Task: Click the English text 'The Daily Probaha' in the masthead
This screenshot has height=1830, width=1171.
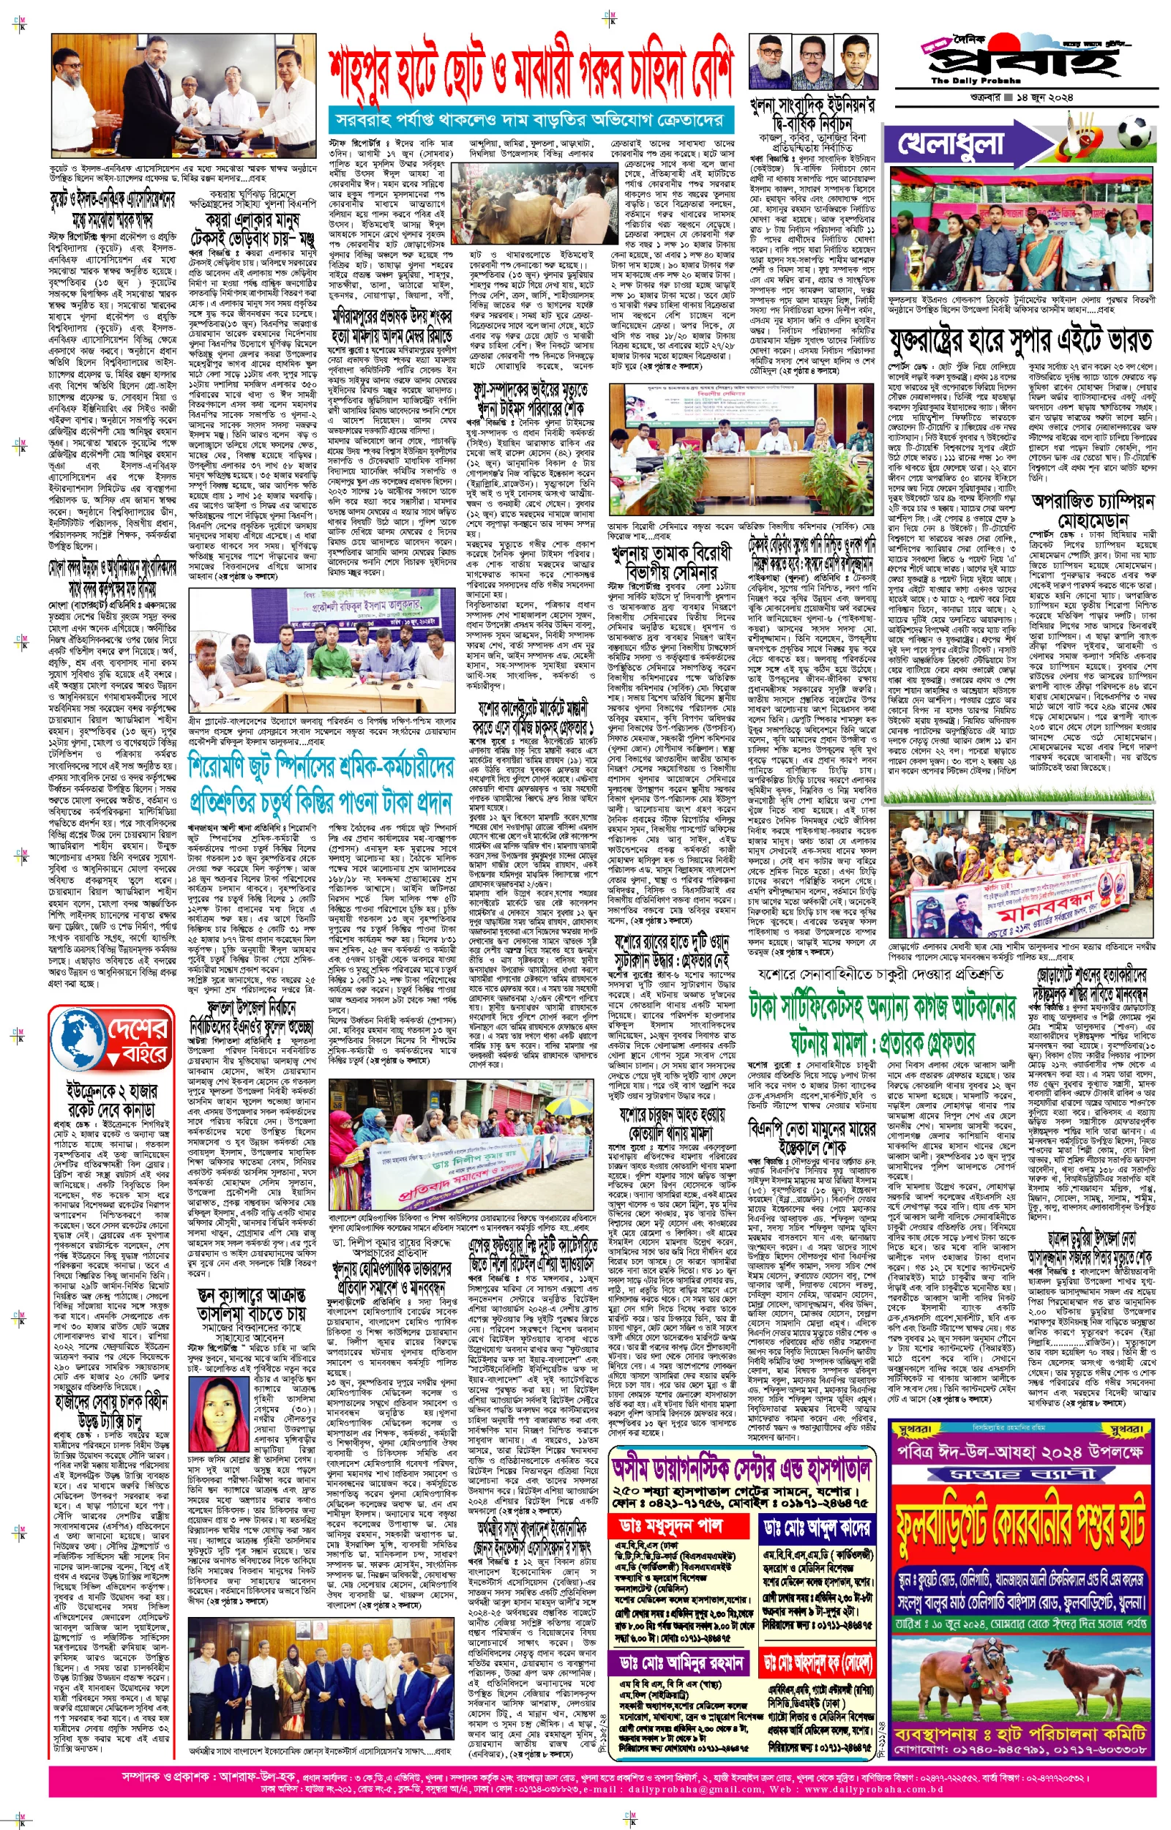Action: [962, 80]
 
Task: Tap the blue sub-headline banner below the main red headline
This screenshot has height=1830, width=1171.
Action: [530, 119]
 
